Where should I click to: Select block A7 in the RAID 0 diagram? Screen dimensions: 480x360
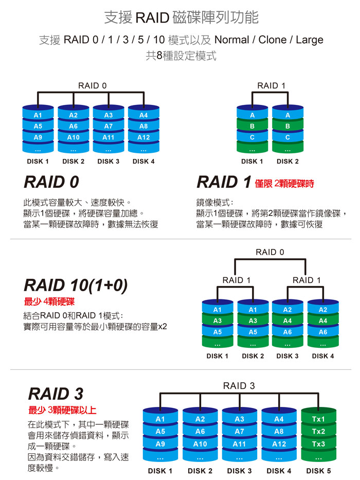[108, 126]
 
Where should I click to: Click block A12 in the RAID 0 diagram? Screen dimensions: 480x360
[143, 137]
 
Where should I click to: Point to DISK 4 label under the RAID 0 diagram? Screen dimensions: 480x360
[143, 162]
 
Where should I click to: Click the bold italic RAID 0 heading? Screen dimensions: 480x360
[51, 183]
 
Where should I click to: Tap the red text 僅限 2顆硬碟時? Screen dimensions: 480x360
[284, 184]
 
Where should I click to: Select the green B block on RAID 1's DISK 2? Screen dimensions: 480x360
[287, 126]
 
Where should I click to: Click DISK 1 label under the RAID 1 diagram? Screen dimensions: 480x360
[252, 162]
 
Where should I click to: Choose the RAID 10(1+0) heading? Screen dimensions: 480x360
[76, 286]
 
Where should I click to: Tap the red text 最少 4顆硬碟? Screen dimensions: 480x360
[49, 301]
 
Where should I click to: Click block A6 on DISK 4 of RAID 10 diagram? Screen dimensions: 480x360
[323, 332]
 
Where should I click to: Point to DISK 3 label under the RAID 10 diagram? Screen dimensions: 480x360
[287, 356]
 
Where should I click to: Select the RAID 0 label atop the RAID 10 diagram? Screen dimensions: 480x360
[269, 252]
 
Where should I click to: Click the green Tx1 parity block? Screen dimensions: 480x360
[318, 419]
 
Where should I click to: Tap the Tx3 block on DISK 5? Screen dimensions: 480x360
[318, 444]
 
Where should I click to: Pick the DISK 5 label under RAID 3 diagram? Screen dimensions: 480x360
[318, 471]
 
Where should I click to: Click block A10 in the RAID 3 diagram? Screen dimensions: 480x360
[200, 444]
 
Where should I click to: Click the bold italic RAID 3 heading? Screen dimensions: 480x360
[56, 394]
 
